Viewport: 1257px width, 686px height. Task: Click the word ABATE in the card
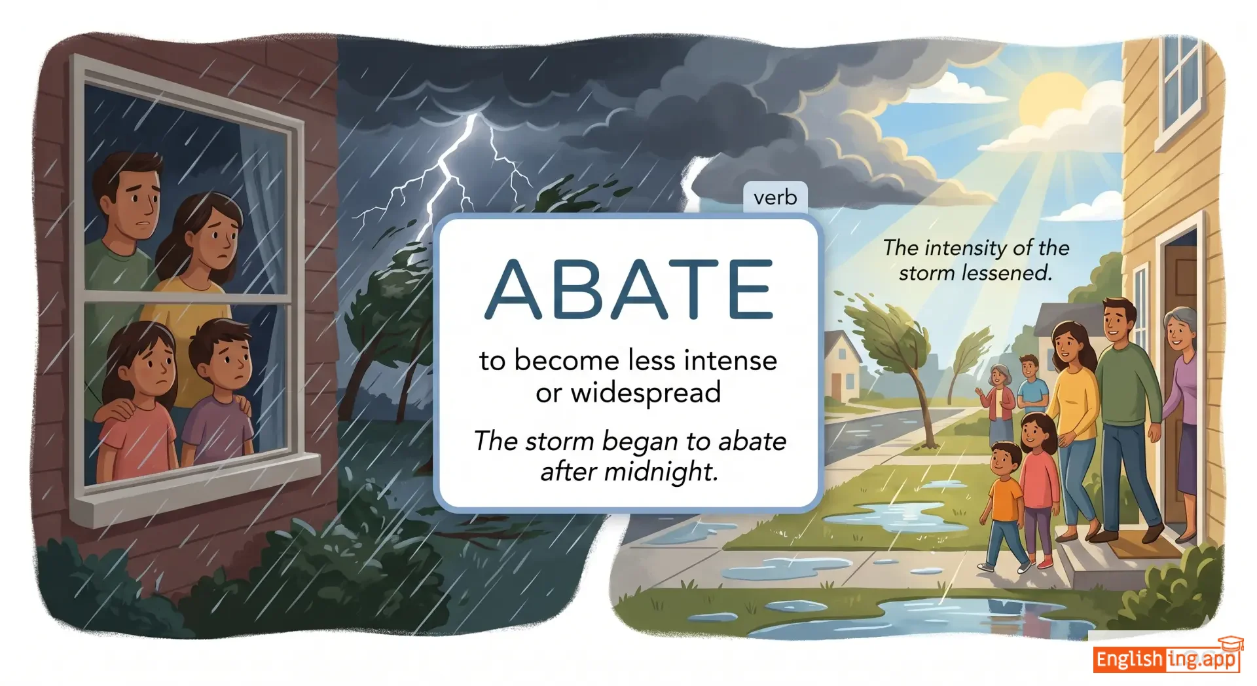pos(628,289)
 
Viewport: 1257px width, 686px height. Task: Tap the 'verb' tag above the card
pos(775,197)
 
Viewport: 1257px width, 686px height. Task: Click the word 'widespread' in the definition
pos(646,392)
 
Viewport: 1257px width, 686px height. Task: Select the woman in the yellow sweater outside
pos(1072,426)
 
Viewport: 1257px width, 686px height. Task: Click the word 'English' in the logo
pos(1129,659)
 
